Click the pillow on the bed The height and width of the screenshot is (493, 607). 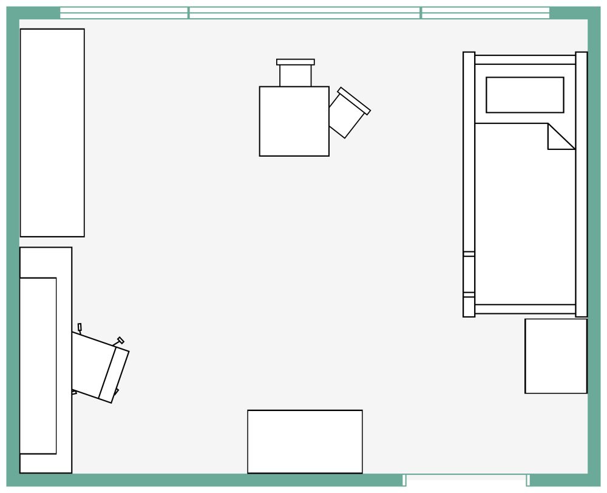click(x=524, y=95)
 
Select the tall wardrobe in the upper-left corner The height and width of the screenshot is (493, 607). click(x=52, y=132)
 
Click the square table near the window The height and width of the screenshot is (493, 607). click(x=294, y=121)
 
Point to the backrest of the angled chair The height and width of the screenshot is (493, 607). click(x=354, y=101)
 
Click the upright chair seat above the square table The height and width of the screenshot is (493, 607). click(x=296, y=75)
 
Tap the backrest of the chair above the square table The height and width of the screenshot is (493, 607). click(x=296, y=62)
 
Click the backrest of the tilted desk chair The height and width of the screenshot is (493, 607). click(x=114, y=375)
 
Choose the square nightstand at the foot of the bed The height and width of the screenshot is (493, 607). click(x=556, y=356)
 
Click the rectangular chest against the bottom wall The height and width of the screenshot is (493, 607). click(x=305, y=441)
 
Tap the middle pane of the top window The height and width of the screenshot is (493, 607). click(x=305, y=13)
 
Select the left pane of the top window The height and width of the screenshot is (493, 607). click(x=124, y=13)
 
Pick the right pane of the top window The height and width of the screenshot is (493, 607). click(x=486, y=13)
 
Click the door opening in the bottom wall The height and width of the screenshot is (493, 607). click(x=466, y=480)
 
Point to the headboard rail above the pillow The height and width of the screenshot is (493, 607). click(x=525, y=59)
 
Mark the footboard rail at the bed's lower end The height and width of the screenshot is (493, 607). click(x=525, y=309)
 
